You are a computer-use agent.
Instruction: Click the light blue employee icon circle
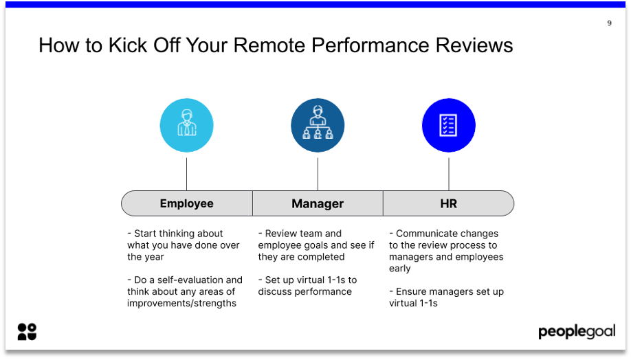tap(186, 125)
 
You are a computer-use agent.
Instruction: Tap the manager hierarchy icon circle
tap(318, 125)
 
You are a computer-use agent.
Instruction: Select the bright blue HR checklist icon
tap(448, 125)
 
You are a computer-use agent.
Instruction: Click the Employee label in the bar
tap(186, 203)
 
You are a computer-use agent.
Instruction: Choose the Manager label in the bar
tap(318, 203)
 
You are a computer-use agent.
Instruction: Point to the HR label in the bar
tap(448, 203)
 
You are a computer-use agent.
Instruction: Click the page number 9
tap(609, 23)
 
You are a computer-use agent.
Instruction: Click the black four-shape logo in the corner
tap(27, 332)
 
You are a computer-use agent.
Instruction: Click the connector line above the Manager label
tap(318, 174)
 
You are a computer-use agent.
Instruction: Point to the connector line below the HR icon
tap(449, 174)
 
